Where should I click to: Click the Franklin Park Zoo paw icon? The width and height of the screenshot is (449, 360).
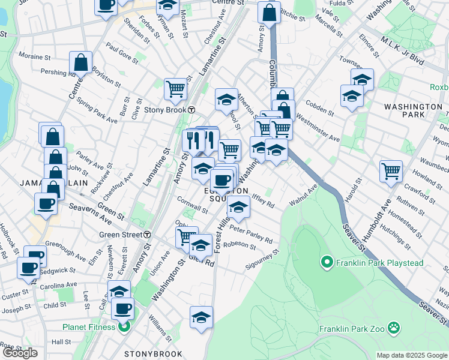[x=394, y=328]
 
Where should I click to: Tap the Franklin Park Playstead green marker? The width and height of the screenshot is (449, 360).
[x=327, y=262]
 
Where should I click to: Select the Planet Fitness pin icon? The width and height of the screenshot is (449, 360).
[x=124, y=327]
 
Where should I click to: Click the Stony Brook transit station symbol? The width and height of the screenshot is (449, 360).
[x=191, y=110]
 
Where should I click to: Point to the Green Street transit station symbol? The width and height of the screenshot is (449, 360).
[x=146, y=235]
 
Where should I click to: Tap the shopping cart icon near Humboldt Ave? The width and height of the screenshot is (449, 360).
[x=391, y=170]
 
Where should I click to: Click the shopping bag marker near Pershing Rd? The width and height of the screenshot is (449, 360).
[x=80, y=62]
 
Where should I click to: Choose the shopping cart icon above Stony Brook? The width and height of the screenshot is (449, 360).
[x=175, y=89]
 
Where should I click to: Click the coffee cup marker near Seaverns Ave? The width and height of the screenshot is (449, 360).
[x=46, y=203]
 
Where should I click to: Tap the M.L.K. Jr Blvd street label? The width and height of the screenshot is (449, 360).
[x=403, y=52]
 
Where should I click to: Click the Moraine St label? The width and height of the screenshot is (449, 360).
[x=35, y=58]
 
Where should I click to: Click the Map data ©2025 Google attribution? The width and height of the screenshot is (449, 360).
[x=412, y=355]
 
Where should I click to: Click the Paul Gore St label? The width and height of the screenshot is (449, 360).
[x=122, y=52]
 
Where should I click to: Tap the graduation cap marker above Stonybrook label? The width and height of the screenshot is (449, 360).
[x=201, y=317]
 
